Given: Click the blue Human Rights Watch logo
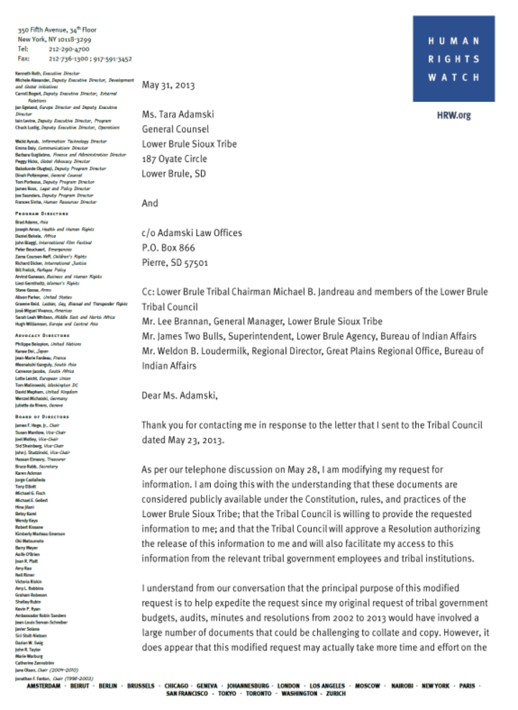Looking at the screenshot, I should pos(453,59).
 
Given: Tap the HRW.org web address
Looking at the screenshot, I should pos(453,116).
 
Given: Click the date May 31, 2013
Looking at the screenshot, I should pos(168,85).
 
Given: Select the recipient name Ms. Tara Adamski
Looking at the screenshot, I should pos(178,114).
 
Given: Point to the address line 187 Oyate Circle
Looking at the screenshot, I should pos(174,159).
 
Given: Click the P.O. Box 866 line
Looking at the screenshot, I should pos(168,248).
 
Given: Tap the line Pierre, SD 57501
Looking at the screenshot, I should pos(175,262).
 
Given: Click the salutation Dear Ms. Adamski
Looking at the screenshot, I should pos(180,395).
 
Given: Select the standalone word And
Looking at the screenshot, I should pos(149,203).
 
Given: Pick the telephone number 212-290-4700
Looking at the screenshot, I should pos(69,49).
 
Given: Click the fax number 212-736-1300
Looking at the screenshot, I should pos(68,59).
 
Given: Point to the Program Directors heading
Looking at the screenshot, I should pos(42,214).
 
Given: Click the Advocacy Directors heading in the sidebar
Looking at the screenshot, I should pos(42,335).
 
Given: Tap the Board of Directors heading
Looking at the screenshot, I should pos(42,417).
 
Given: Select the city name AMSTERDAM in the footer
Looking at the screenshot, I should pos(43,686).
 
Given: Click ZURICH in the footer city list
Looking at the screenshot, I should pos(336,694).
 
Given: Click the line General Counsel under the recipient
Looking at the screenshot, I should pos(175,129).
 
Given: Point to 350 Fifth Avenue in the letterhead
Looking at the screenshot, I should pos(42,30).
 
